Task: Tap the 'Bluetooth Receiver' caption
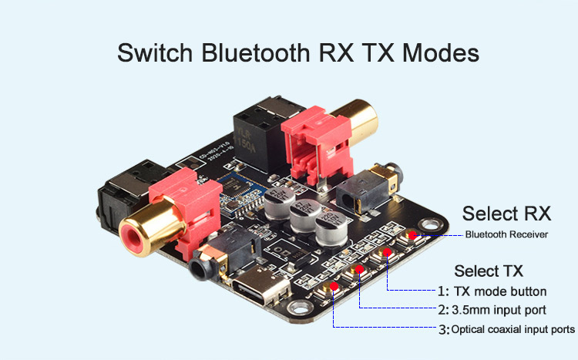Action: coord(506,234)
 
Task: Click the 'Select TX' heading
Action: coord(489,271)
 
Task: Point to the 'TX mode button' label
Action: coord(499,291)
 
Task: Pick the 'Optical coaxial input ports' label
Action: coord(512,329)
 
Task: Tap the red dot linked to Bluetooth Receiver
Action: coord(412,234)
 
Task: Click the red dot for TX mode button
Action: coord(385,252)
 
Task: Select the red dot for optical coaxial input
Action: coord(334,287)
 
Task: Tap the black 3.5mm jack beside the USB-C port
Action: coord(207,267)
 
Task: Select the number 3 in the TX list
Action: coord(442,329)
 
